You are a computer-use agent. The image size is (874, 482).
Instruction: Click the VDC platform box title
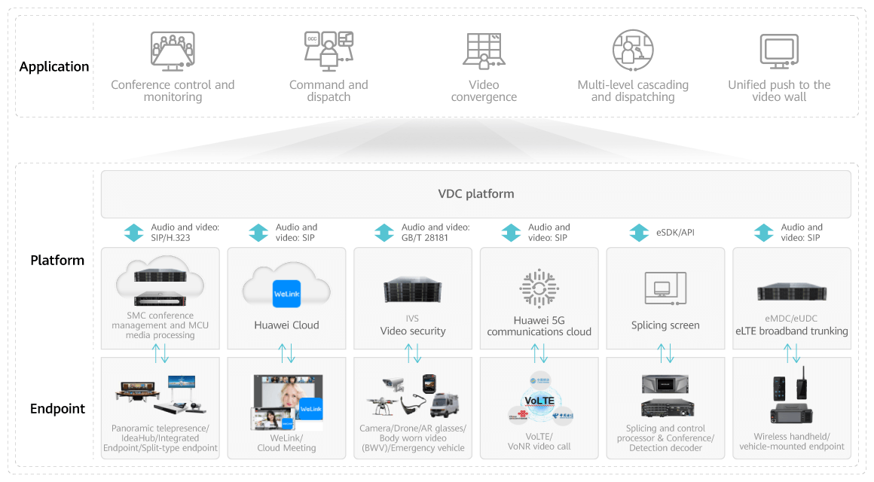point(476,194)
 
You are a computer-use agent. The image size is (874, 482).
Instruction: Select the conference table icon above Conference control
point(173,50)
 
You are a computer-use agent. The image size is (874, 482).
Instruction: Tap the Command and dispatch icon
point(329,50)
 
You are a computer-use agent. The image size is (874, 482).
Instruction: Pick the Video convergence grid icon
point(484,51)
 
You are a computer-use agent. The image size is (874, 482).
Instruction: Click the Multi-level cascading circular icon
point(632,50)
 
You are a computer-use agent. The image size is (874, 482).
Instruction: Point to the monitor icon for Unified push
point(779,51)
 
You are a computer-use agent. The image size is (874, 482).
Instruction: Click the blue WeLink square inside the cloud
point(286,293)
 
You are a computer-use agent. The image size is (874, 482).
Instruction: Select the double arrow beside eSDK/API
point(638,233)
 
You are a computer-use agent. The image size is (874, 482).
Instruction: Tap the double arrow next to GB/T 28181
point(384,233)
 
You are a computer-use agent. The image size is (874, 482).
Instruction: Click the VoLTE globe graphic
point(540,399)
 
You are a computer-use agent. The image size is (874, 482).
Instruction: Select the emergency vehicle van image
point(445,404)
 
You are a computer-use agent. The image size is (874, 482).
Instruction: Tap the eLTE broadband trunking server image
point(792,292)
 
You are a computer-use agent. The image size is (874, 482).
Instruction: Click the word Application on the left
point(54,67)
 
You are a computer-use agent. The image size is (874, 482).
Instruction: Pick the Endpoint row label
point(57,409)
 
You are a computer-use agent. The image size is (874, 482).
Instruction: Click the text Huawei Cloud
point(286,325)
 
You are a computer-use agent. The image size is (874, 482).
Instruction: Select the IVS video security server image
point(413,290)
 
